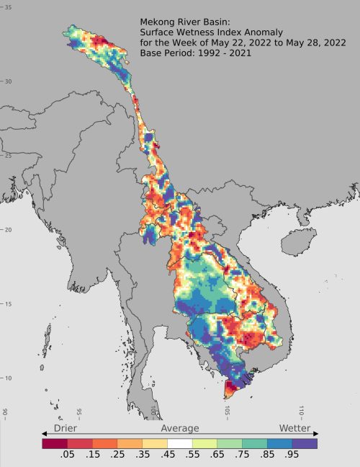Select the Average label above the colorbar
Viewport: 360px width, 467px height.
(179, 428)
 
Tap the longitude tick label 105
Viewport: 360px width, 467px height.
(228, 412)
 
